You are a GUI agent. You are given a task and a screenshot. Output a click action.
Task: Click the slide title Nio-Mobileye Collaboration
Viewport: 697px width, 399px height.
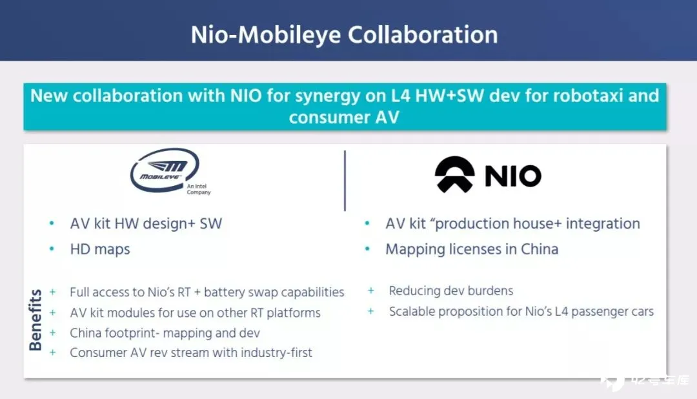click(x=344, y=35)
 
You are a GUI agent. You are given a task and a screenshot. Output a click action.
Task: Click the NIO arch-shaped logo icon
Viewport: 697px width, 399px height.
click(x=454, y=174)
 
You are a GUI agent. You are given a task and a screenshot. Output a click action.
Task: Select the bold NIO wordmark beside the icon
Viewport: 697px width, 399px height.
click(x=513, y=176)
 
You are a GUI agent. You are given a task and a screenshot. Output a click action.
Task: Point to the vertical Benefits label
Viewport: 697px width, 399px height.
click(x=35, y=320)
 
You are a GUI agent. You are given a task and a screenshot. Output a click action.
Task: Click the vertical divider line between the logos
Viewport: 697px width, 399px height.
click(x=345, y=181)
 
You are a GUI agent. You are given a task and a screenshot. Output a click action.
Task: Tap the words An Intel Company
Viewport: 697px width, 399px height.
click(x=198, y=189)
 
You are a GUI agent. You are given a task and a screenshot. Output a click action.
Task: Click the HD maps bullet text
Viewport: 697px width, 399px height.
click(x=100, y=249)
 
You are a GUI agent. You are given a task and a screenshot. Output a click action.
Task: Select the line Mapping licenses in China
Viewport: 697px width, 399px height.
click(x=472, y=249)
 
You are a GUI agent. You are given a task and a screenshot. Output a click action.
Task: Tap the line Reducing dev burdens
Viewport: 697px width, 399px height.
click(x=450, y=291)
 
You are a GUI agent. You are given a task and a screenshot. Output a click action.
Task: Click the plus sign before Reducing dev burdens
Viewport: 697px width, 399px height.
click(x=370, y=291)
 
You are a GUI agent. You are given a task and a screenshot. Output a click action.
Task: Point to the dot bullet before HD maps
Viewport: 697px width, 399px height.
click(x=52, y=249)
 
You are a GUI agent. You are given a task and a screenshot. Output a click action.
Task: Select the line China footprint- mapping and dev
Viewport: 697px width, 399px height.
click(x=165, y=333)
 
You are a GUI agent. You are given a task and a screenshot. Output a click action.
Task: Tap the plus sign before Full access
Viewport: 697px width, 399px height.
click(x=52, y=292)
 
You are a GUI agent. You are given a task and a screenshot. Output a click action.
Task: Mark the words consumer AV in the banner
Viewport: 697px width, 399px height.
click(x=344, y=118)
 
